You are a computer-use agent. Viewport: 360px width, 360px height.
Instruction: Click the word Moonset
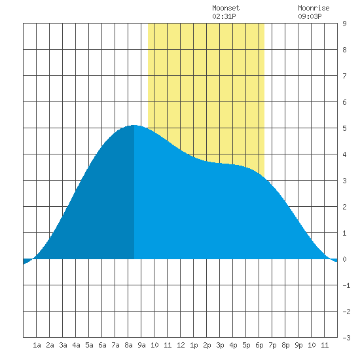[x=226, y=8]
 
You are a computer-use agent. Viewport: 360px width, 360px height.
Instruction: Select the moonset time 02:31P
[x=224, y=16]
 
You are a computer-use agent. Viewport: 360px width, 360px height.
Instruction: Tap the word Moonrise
[x=314, y=8]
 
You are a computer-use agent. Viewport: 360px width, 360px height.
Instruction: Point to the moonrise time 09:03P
[x=310, y=16]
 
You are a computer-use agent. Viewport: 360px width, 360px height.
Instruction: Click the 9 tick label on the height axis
[x=344, y=24]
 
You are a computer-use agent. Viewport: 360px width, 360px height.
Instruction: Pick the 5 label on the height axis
[x=344, y=128]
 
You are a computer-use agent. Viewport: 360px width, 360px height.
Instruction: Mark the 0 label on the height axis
[x=344, y=259]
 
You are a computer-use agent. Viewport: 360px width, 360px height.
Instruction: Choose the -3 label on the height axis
[x=346, y=338]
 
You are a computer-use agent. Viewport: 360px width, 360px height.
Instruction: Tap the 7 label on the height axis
[x=344, y=76]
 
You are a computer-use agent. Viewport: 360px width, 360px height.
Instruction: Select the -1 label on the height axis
[x=346, y=285]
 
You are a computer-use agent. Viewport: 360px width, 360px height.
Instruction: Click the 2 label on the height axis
[x=344, y=207]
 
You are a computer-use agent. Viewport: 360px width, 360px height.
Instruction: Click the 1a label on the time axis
[x=37, y=345]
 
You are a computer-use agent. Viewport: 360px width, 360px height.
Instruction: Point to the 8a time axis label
[x=128, y=345]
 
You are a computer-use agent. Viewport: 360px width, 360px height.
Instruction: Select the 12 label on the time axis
[x=181, y=345]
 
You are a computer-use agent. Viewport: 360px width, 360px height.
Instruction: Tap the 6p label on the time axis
[x=259, y=345]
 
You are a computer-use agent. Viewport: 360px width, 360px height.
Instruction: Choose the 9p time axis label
[x=298, y=345]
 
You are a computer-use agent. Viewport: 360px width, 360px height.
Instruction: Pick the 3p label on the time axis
[x=220, y=345]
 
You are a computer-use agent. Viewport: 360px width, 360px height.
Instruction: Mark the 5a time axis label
[x=89, y=345]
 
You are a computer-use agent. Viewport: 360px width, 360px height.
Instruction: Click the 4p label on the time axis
[x=233, y=345]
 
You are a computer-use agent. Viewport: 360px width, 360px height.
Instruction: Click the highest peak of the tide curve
[x=134, y=126]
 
